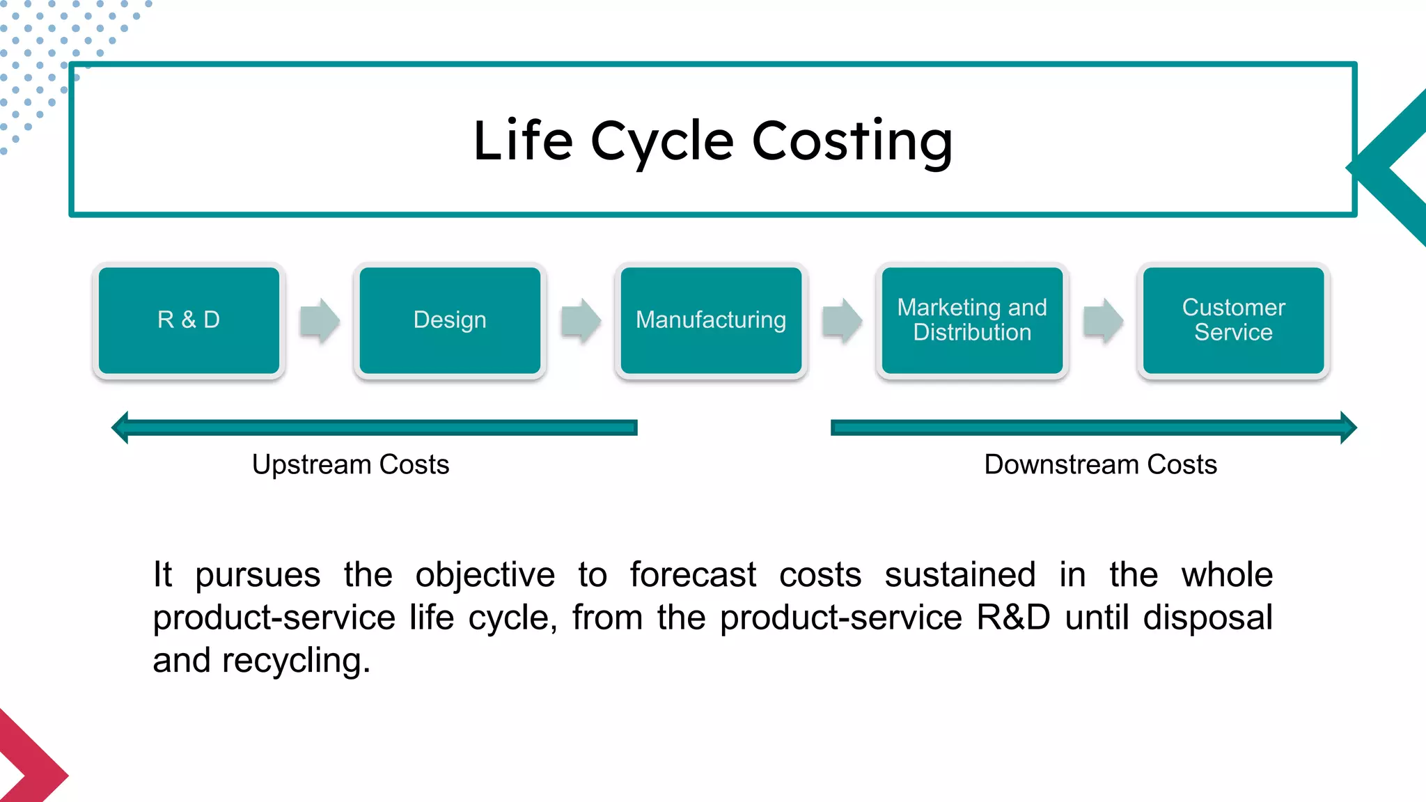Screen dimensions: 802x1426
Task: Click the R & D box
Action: point(189,320)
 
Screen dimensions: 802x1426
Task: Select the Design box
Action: point(450,320)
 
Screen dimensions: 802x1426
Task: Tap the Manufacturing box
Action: point(711,320)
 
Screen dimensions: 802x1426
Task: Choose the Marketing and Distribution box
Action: point(972,320)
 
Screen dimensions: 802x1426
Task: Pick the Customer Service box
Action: point(1233,320)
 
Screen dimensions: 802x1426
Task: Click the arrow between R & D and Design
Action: point(320,321)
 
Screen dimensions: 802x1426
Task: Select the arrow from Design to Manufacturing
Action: point(581,321)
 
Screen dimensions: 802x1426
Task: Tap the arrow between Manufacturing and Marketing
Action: point(842,321)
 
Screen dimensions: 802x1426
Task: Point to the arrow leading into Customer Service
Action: point(1103,321)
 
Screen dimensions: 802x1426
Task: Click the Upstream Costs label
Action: point(350,465)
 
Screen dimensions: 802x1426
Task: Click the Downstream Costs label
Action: point(1100,465)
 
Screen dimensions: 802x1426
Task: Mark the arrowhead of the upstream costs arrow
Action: point(120,427)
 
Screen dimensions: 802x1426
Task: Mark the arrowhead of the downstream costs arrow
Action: point(1348,427)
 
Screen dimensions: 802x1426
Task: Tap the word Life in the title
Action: point(522,141)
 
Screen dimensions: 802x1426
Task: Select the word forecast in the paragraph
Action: point(692,576)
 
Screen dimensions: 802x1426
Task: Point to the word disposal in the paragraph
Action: point(1207,618)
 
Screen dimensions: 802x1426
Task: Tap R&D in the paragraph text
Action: point(1012,618)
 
